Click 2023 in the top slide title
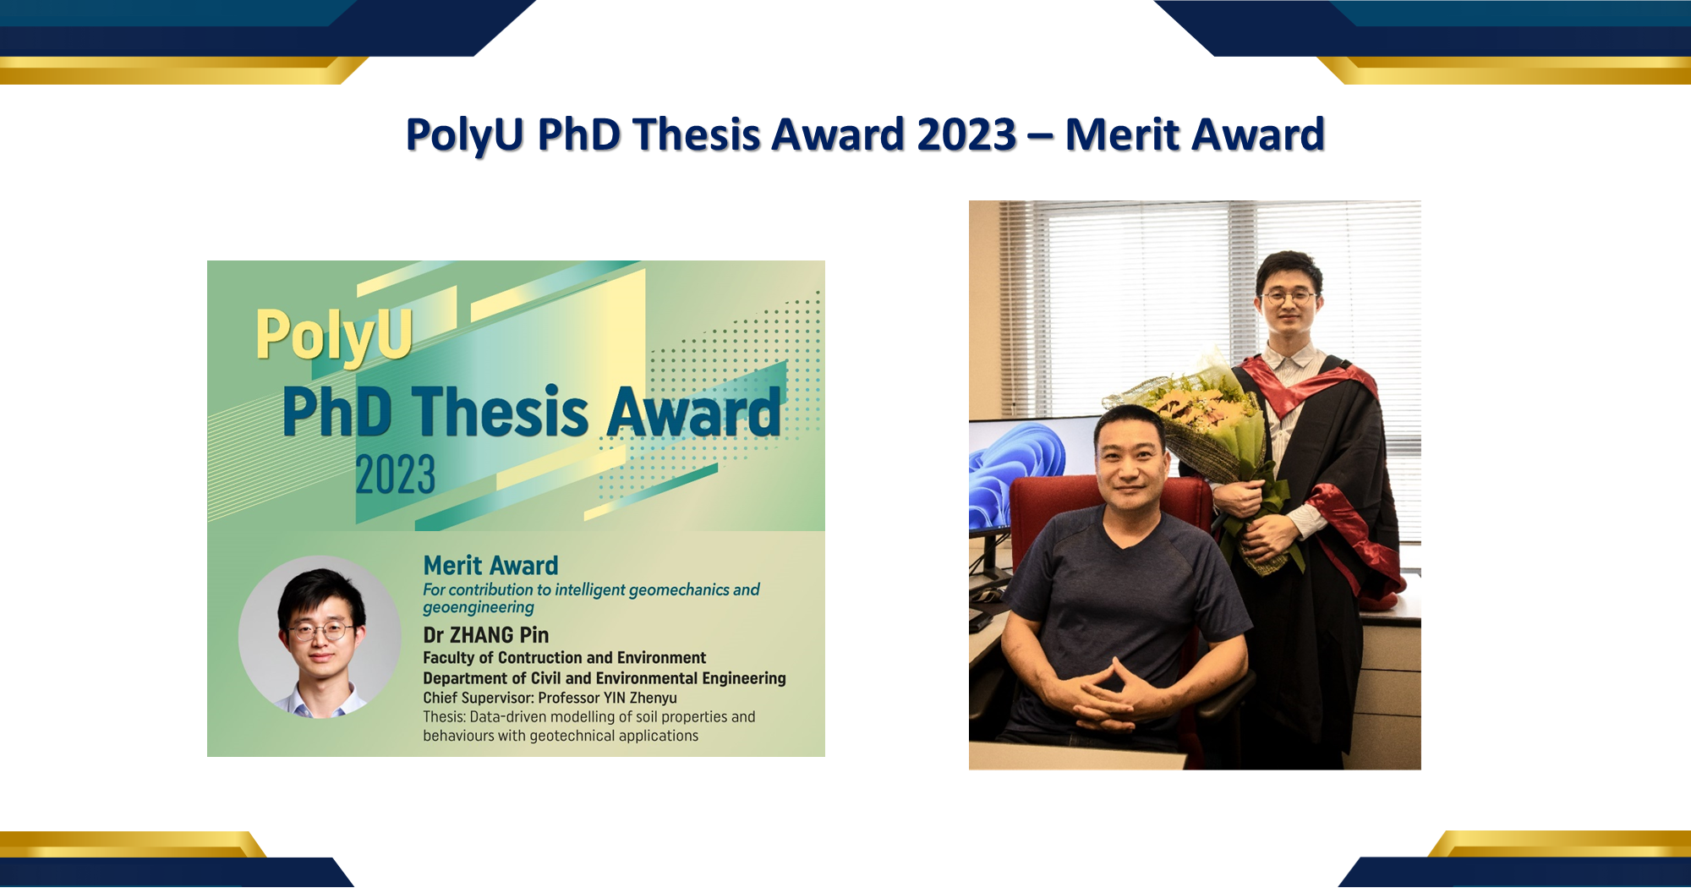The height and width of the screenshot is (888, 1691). pos(966,134)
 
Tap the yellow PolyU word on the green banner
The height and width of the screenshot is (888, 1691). pos(334,335)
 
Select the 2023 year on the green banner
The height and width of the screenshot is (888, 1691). pos(395,474)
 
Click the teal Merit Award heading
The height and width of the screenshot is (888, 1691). pos(490,565)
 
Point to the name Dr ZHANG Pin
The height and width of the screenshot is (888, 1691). pos(485,635)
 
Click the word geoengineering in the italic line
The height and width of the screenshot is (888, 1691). pos(479,607)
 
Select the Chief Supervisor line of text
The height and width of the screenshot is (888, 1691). pos(550,698)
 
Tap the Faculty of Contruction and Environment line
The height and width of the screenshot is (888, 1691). pos(564,658)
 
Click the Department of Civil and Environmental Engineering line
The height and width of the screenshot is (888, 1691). pos(604,678)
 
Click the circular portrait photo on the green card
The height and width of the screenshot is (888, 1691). pos(320,637)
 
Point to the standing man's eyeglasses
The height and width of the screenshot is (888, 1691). pos(1288,297)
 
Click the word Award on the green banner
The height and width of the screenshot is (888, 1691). pos(693,414)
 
